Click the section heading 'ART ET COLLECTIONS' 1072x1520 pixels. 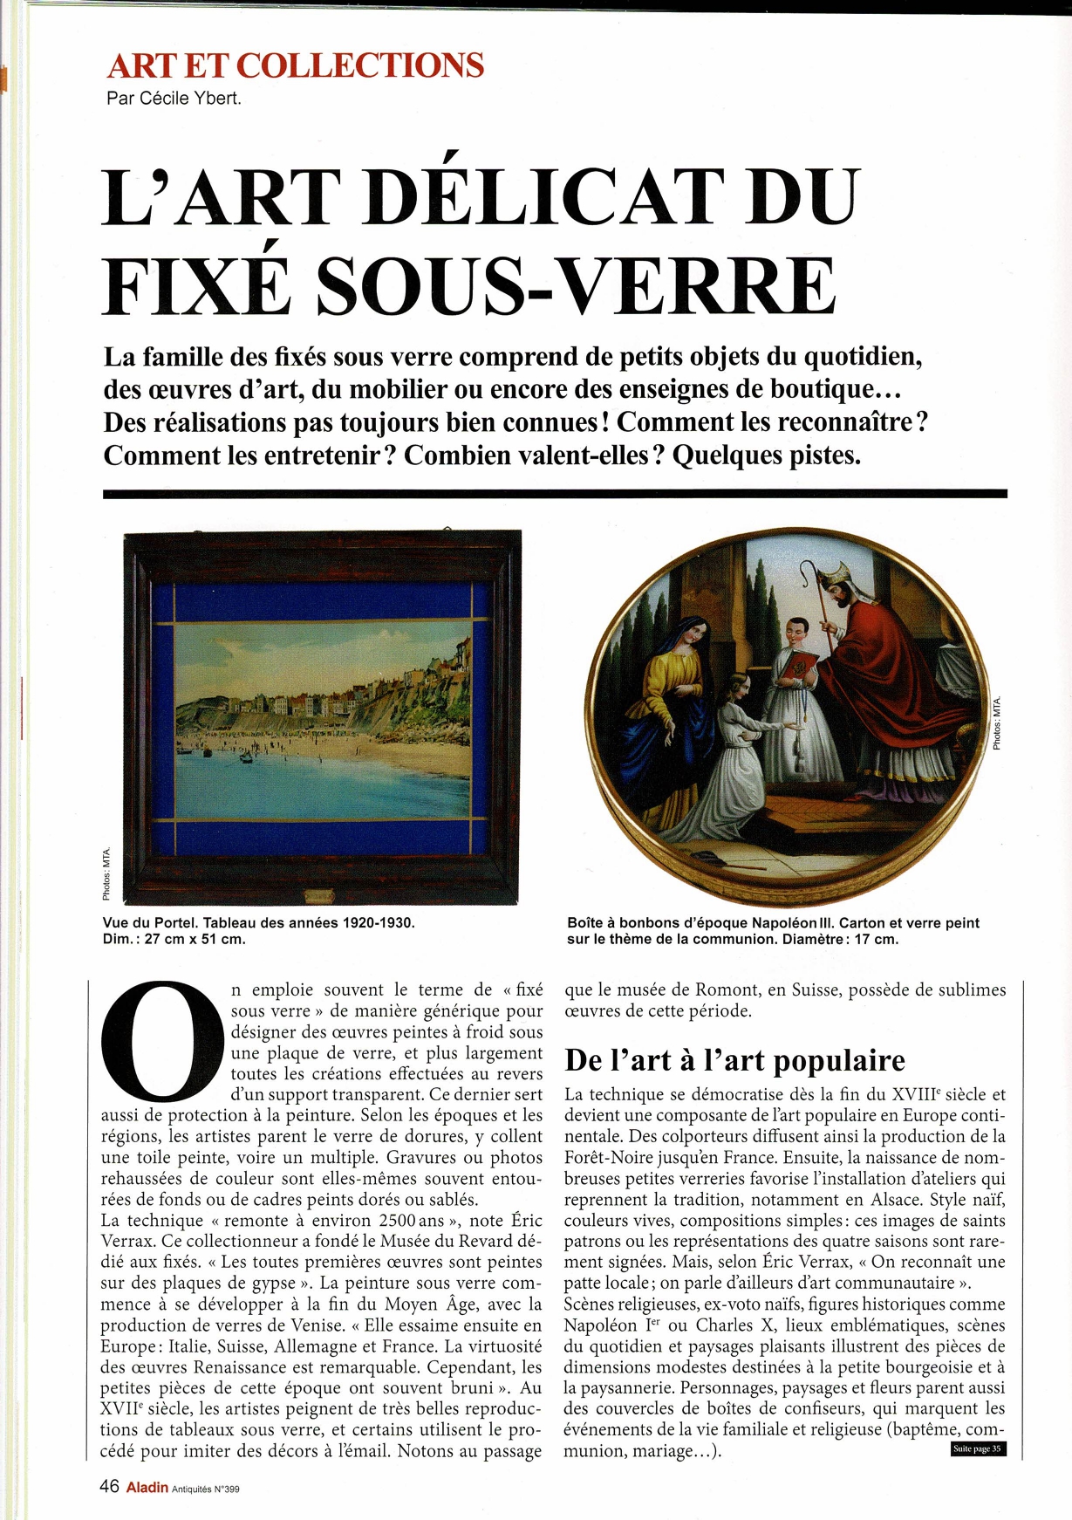tap(295, 66)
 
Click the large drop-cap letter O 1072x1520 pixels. tap(161, 1040)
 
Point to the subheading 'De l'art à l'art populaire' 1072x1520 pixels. tap(734, 1060)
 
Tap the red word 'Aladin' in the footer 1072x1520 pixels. tap(147, 1488)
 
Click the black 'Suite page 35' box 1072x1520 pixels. tap(976, 1449)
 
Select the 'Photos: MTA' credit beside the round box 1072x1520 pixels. tap(996, 723)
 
